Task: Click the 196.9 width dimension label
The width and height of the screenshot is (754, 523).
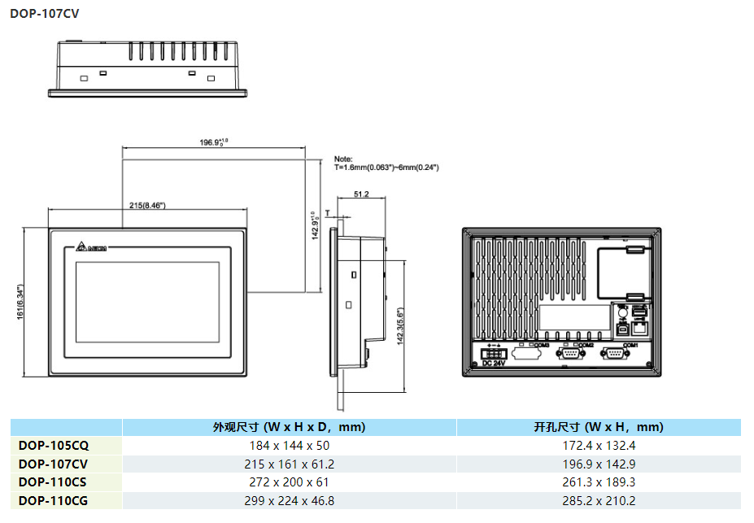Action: point(213,142)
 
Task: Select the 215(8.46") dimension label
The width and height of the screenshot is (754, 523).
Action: point(147,206)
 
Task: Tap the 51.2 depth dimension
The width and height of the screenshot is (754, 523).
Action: point(362,194)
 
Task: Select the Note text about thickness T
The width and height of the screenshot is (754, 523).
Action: point(386,163)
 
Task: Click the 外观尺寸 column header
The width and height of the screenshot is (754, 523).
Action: point(289,427)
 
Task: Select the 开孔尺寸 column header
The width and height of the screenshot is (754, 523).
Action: point(598,427)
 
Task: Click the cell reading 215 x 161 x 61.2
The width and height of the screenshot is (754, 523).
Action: point(289,464)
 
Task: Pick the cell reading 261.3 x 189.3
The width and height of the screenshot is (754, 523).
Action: point(598,482)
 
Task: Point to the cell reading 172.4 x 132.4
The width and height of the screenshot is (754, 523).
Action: point(598,446)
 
